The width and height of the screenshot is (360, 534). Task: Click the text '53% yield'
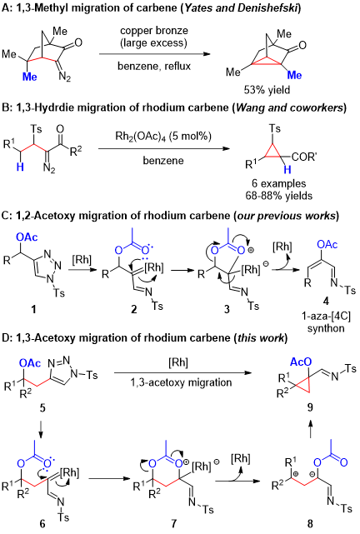click(x=267, y=90)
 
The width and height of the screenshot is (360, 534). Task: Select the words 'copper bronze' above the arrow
click(x=154, y=31)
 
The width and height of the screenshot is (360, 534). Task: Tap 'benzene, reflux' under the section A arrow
click(x=154, y=66)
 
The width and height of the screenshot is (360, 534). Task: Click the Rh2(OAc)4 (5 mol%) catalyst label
click(x=162, y=137)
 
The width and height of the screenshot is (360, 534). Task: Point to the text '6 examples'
click(x=279, y=183)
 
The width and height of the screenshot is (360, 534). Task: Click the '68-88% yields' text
click(x=279, y=196)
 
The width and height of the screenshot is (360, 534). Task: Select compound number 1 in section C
click(x=33, y=309)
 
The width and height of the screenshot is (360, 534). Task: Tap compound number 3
click(x=227, y=309)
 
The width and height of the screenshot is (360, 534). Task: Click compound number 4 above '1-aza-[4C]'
click(x=326, y=302)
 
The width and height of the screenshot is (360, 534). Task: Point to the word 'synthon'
click(x=326, y=328)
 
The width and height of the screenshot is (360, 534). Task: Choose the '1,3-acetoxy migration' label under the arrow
click(x=181, y=382)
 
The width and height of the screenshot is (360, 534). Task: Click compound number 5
click(x=42, y=407)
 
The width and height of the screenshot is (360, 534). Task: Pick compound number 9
click(x=310, y=407)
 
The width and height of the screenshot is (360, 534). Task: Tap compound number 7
click(x=174, y=523)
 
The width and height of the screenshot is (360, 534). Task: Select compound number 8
click(x=310, y=523)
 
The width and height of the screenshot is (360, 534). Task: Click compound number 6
click(x=42, y=523)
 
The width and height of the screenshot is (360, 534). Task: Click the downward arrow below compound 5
click(x=41, y=430)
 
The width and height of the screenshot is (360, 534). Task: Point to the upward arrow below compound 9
click(x=311, y=429)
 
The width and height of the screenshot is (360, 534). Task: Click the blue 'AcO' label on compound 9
click(x=300, y=362)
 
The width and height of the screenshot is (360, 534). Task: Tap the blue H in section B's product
click(x=287, y=170)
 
